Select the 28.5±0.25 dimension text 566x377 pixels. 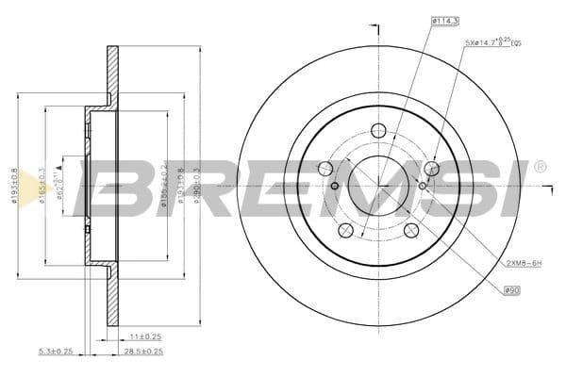[x=144, y=351]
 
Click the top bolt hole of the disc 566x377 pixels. [x=378, y=131]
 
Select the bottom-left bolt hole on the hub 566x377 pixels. [x=345, y=230]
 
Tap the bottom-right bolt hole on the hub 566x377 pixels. [x=410, y=231]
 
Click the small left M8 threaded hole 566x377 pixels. [x=335, y=186]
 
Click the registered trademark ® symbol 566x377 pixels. [x=539, y=167]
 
